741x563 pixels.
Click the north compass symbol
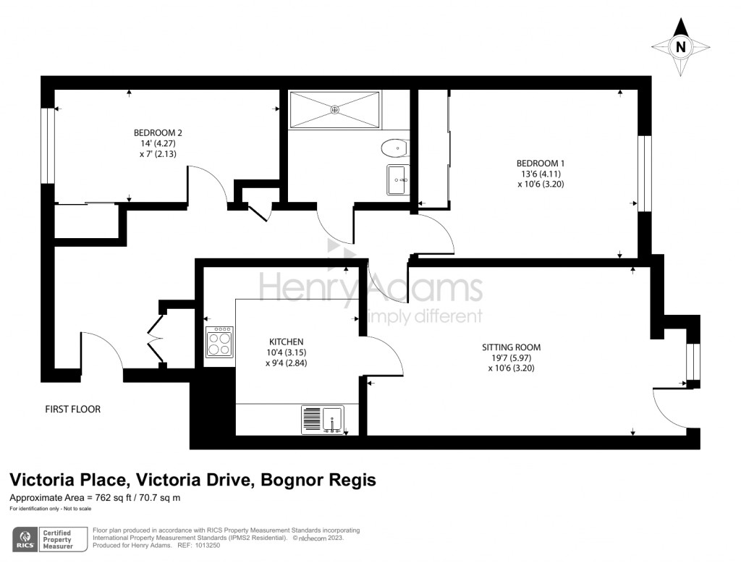click(680, 47)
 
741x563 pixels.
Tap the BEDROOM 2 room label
click(158, 132)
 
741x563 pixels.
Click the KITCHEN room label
click(286, 342)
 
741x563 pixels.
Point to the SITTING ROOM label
click(511, 347)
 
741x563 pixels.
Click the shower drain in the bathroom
click(335, 110)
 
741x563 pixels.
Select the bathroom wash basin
click(397, 179)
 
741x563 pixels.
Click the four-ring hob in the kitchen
click(220, 342)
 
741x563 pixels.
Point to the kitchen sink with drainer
click(323, 420)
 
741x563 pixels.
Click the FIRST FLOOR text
click(72, 410)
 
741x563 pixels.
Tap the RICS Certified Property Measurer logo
click(48, 539)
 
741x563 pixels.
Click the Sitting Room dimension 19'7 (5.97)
click(511, 357)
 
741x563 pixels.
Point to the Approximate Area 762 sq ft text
click(95, 498)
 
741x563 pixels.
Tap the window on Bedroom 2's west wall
click(48, 145)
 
